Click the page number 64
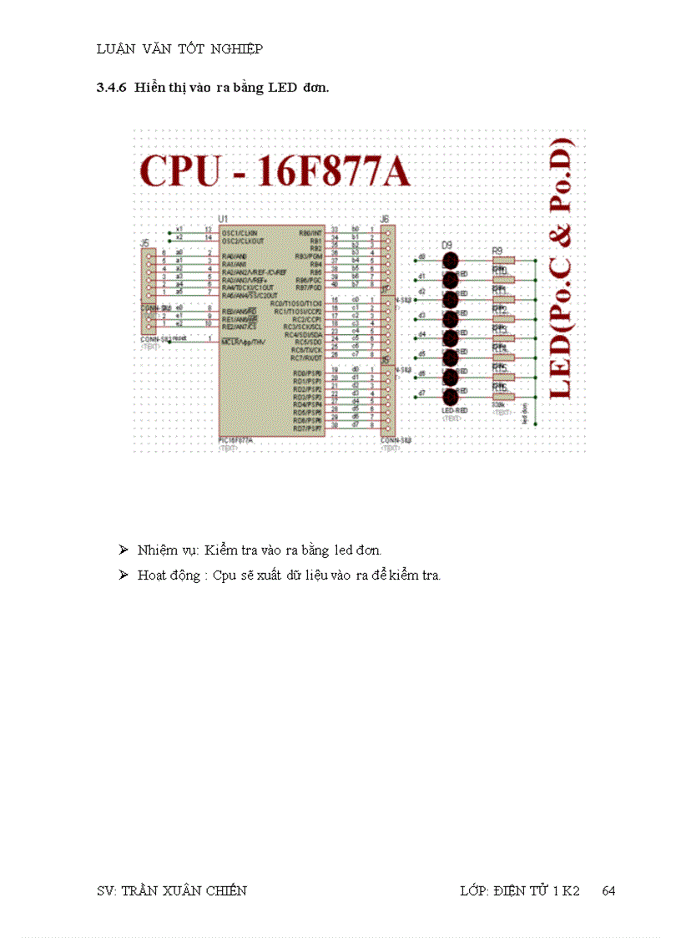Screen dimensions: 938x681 608,890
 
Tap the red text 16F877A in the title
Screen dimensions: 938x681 334,170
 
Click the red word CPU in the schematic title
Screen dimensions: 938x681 182,170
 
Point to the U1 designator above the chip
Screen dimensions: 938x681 222,218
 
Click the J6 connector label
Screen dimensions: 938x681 385,218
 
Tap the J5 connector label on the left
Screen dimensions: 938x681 144,243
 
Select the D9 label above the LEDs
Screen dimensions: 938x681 447,244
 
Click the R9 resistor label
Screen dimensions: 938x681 497,250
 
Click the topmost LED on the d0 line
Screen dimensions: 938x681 451,261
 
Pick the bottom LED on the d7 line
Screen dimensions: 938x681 451,398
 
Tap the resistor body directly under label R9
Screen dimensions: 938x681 502,261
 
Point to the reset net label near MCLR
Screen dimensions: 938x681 179,338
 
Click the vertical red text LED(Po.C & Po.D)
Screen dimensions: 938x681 562,267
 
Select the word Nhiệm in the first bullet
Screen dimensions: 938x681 156,550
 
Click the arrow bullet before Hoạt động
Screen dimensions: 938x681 123,575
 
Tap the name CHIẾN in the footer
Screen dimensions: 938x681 225,890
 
